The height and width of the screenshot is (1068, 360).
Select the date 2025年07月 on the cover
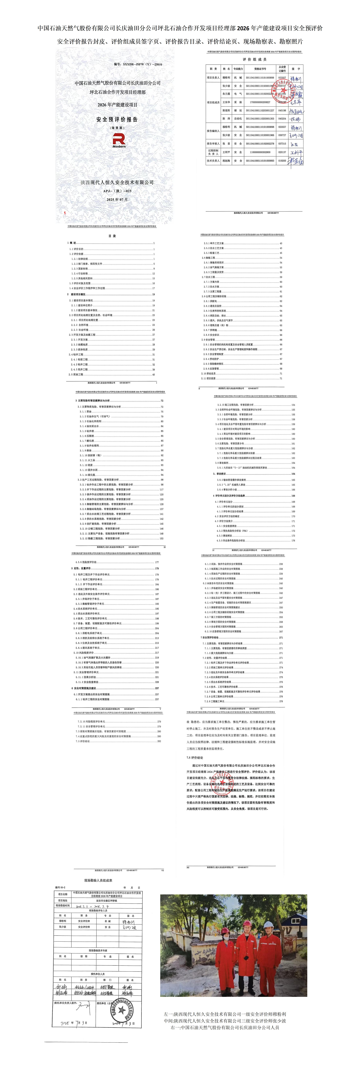(x=117, y=199)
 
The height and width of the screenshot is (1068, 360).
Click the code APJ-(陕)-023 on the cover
(x=117, y=191)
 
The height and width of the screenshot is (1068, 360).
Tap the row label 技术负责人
(x=213, y=161)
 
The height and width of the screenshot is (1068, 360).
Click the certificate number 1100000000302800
(x=260, y=152)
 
